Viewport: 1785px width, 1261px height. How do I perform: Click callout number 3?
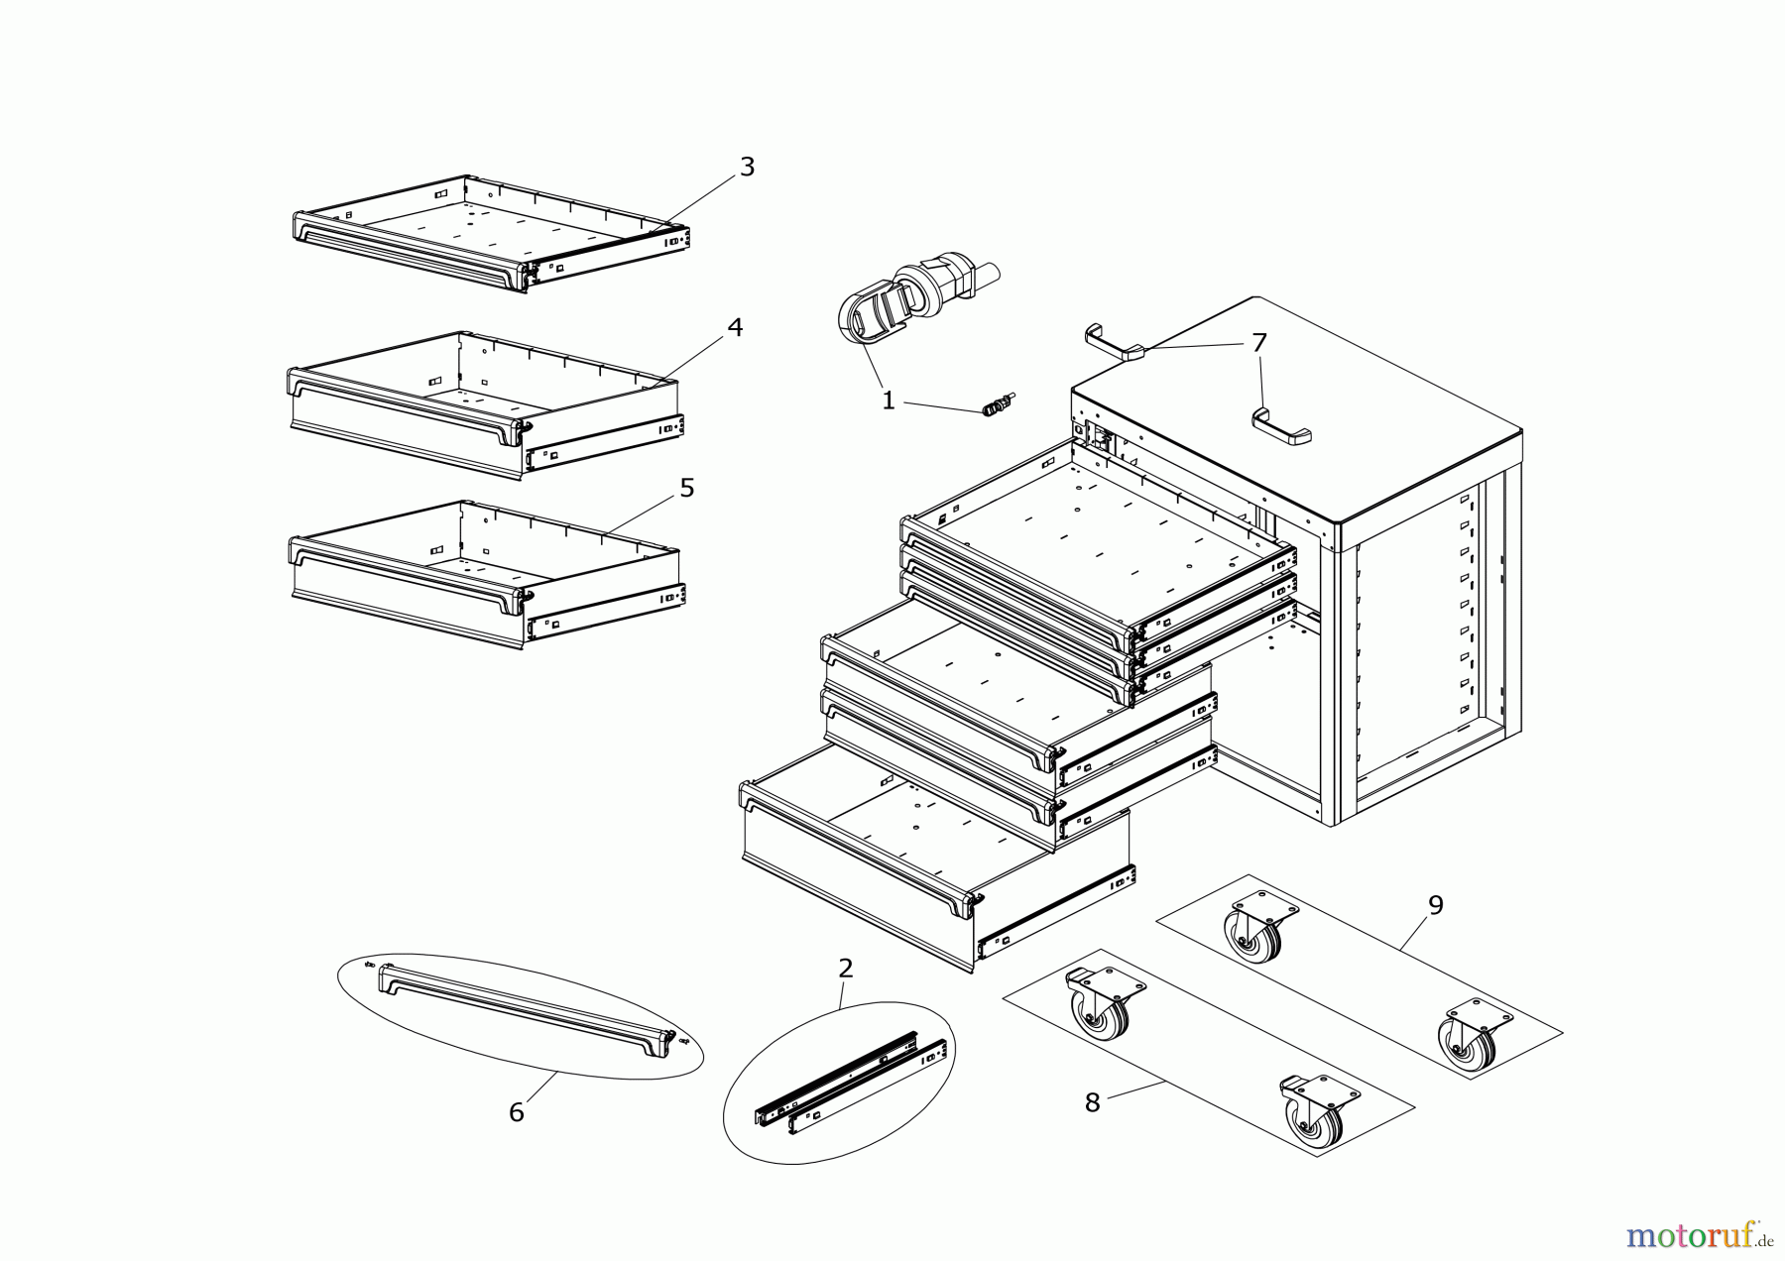(x=747, y=168)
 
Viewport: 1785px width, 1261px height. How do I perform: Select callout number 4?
(x=735, y=328)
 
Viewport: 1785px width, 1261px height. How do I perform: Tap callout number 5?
(x=686, y=489)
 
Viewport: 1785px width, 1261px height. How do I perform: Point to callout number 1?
(x=888, y=401)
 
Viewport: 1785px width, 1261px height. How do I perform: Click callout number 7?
(x=1258, y=343)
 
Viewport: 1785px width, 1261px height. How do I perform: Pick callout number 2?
(x=845, y=968)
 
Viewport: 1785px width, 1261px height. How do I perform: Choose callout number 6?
(x=516, y=1112)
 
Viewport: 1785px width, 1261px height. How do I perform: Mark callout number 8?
(x=1092, y=1102)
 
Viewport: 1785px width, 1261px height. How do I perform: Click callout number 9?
(x=1435, y=905)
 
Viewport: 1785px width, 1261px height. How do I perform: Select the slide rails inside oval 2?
(x=853, y=1081)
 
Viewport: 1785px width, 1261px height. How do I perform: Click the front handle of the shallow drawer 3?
(x=407, y=248)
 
